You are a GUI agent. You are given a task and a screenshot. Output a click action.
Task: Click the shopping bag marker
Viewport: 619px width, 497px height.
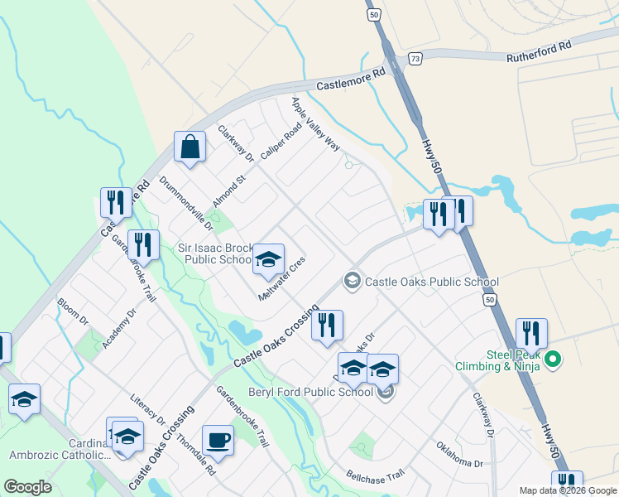tap(190, 148)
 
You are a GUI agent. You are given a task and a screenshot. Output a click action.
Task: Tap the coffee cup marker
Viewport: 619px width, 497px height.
tap(218, 440)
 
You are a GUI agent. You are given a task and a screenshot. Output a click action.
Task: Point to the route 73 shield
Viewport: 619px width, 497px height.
tap(415, 58)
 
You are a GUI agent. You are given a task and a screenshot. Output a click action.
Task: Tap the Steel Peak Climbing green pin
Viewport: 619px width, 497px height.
tap(555, 359)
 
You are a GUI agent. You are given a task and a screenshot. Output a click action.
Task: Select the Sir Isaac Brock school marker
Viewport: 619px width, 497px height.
tap(268, 259)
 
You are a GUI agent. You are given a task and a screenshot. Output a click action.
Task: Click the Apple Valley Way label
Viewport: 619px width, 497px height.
tap(315, 123)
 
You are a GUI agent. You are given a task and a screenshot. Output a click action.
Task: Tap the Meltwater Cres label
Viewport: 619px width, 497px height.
tap(282, 278)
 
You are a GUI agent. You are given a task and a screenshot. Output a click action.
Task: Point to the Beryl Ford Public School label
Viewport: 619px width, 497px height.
tap(310, 392)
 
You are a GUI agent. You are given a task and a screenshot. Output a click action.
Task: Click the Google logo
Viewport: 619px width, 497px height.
tap(27, 487)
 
